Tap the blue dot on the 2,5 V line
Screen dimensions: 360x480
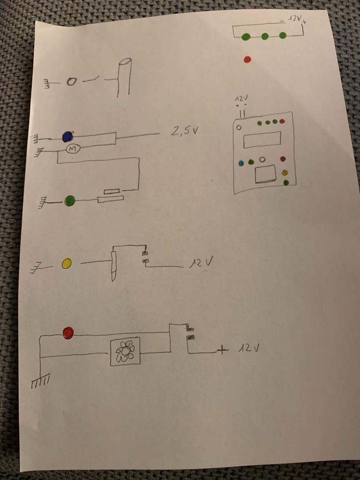coord(67,136)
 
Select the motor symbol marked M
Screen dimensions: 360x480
coord(72,149)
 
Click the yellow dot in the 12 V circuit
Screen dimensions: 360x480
coord(67,263)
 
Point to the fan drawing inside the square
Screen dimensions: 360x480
coord(125,351)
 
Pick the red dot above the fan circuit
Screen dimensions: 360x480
coord(68,333)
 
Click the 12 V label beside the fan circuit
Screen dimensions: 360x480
coord(248,348)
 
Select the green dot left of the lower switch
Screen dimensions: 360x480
coord(70,201)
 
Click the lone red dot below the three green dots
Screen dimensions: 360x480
coord(247,60)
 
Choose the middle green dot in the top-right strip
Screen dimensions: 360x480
coord(265,36)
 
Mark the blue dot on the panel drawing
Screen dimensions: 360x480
coord(241,163)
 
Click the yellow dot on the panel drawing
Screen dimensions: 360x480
coord(285,173)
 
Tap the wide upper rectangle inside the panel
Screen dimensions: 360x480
coord(262,140)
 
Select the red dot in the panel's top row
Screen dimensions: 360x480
coord(282,121)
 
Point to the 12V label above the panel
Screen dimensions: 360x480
coord(241,99)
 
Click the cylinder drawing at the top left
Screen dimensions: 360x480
coord(124,77)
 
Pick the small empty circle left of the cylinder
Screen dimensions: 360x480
coord(71,82)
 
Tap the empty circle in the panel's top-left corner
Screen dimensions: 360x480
coord(239,127)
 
